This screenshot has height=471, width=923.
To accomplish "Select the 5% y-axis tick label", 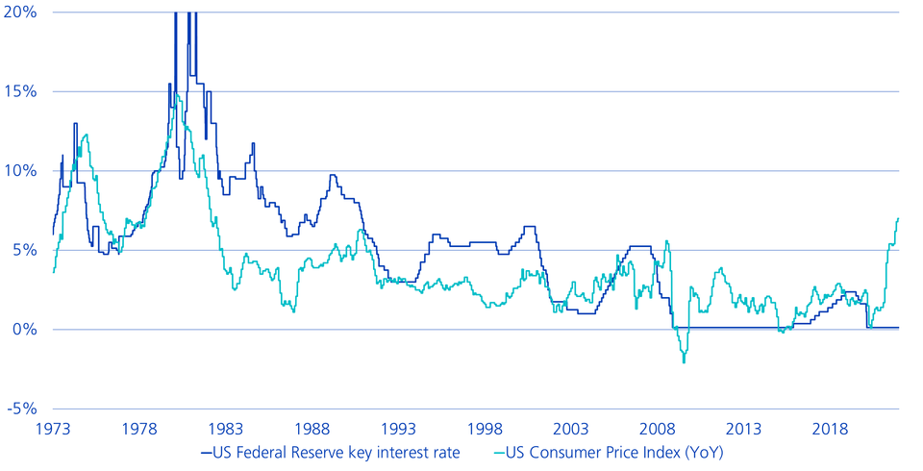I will (22, 250).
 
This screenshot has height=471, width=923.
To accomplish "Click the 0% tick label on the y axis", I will (22, 330).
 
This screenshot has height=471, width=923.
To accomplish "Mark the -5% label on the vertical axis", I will (19, 409).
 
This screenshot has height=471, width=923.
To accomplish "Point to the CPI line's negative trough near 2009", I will (684, 362).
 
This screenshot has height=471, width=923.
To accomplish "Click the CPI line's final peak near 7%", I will (898, 218).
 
